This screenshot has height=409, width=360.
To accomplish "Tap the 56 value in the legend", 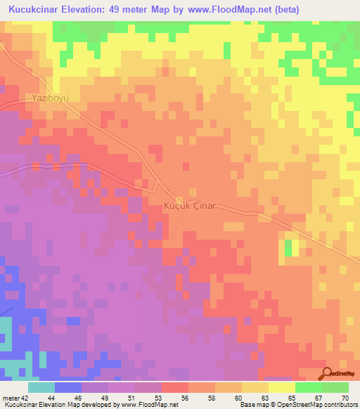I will pyautogui.click(x=185, y=397).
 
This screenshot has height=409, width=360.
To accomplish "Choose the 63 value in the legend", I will pyautogui.click(x=265, y=397).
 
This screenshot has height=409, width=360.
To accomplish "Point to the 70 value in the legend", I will pyautogui.click(x=344, y=397).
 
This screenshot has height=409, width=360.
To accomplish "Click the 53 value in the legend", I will pyautogui.click(x=158, y=397).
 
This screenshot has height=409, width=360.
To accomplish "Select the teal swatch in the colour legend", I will pyautogui.click(x=41, y=387).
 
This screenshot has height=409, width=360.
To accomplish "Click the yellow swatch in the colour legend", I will pyautogui.click(x=281, y=387).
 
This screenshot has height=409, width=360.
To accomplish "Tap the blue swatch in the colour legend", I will pyautogui.click(x=68, y=387).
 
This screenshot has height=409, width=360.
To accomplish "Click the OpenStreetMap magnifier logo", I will pyautogui.click(x=328, y=372).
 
